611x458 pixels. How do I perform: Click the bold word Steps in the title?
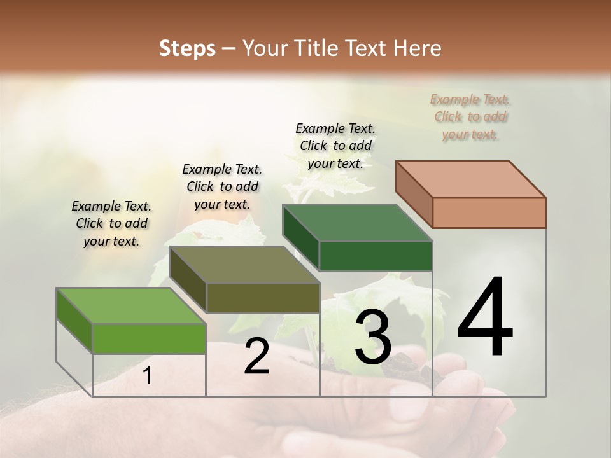click(x=187, y=48)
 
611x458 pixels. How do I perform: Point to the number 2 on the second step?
click(x=257, y=357)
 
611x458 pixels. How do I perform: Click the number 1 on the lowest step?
click(x=148, y=376)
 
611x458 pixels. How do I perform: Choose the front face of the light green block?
click(x=149, y=338)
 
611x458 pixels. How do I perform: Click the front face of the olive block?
click(x=263, y=298)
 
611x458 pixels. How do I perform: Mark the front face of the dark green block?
click(x=376, y=256)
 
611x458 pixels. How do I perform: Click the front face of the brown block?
click(x=489, y=212)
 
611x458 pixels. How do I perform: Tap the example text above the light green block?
click(x=111, y=223)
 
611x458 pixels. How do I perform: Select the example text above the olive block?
click(x=222, y=186)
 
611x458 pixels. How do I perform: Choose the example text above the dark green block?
click(x=335, y=146)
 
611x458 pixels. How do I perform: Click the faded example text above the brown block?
click(x=470, y=116)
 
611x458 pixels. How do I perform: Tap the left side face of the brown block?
click(x=414, y=193)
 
